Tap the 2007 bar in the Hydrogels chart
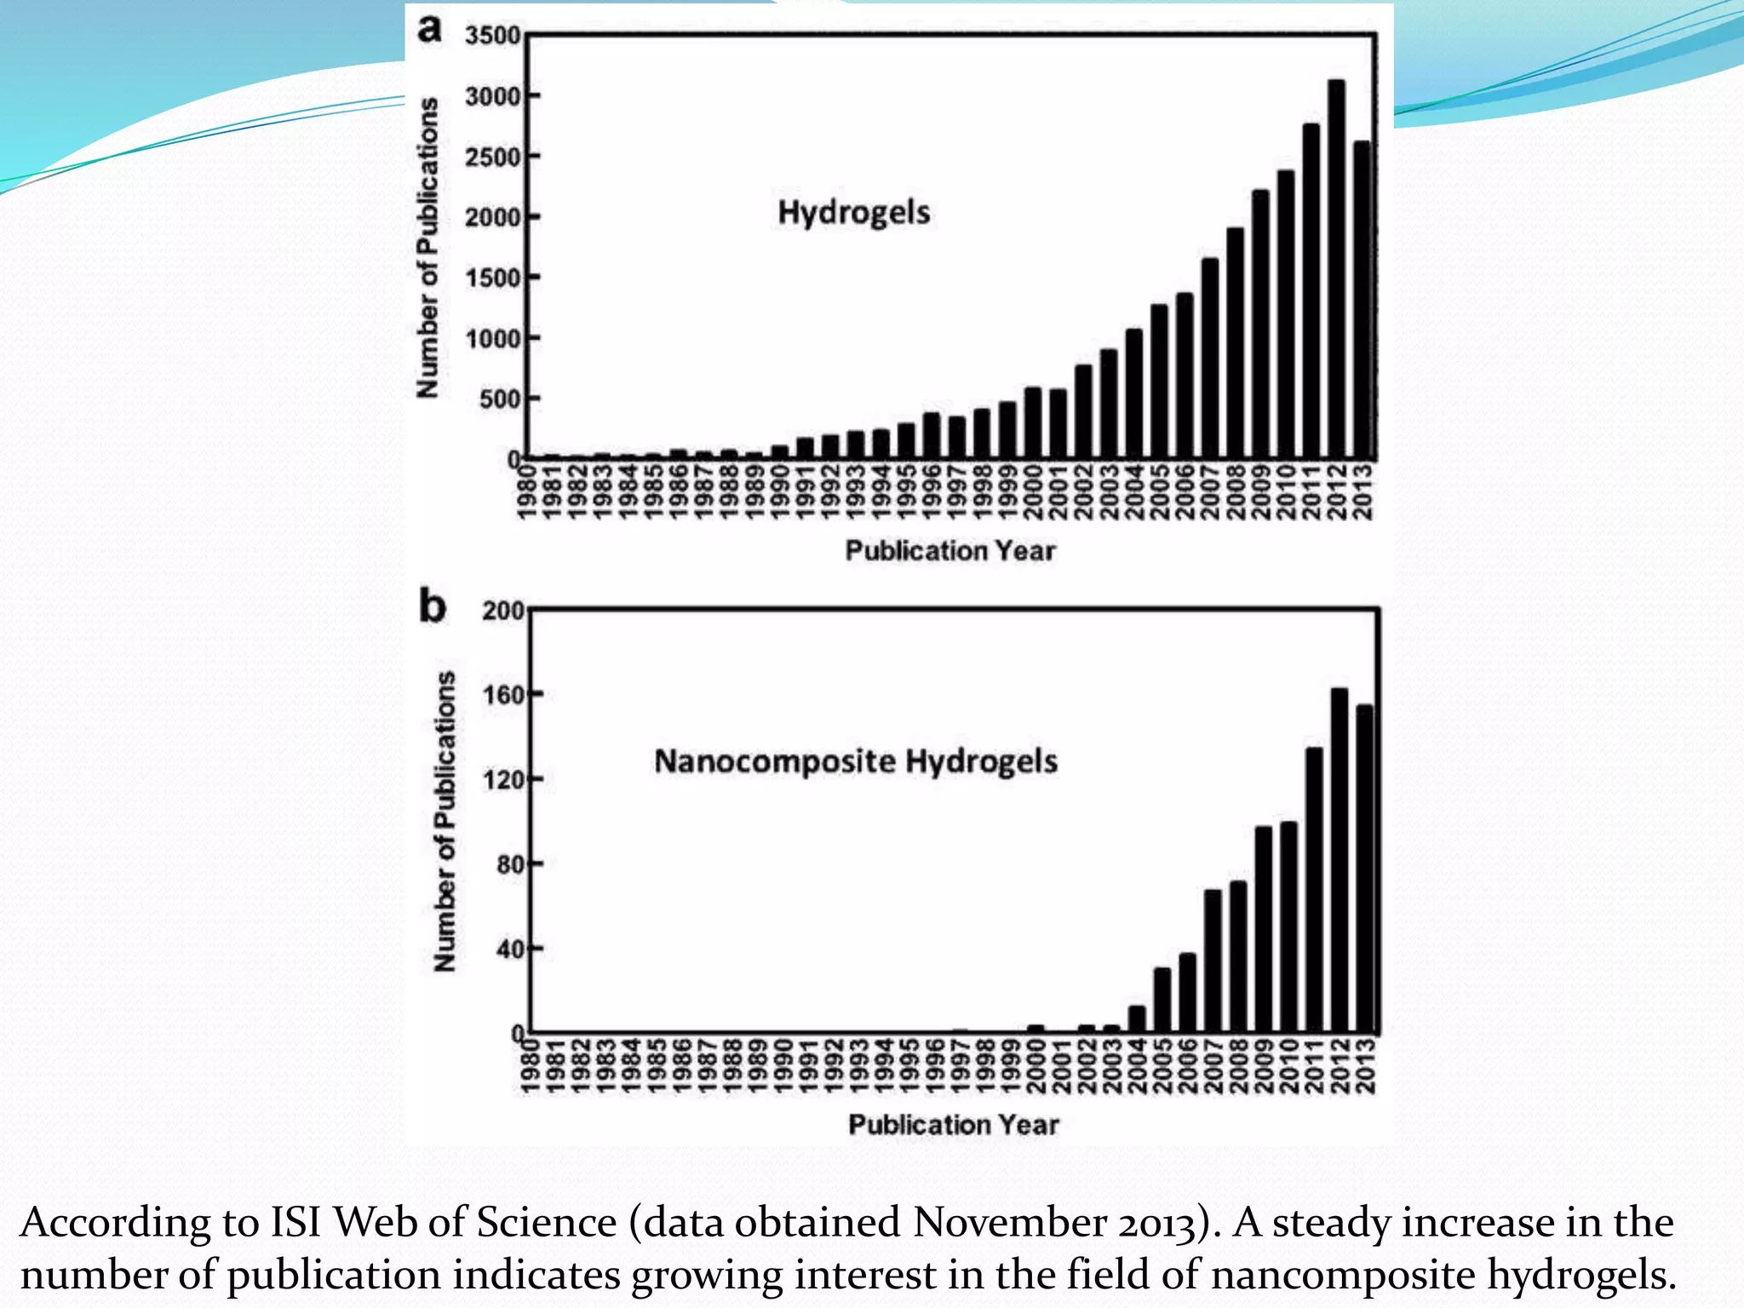coord(1209,359)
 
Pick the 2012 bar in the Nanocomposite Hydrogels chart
coord(1339,860)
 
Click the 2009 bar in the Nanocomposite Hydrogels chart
coord(1264,929)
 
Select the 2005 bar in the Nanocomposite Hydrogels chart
coord(1162,1000)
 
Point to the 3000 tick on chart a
coord(492,96)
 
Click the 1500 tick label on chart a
coord(492,278)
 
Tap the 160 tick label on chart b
coord(501,695)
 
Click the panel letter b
coord(433,607)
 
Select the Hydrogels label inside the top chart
coord(853,212)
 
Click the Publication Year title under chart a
coord(949,551)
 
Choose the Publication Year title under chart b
coord(953,1125)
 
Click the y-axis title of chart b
coord(445,821)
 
